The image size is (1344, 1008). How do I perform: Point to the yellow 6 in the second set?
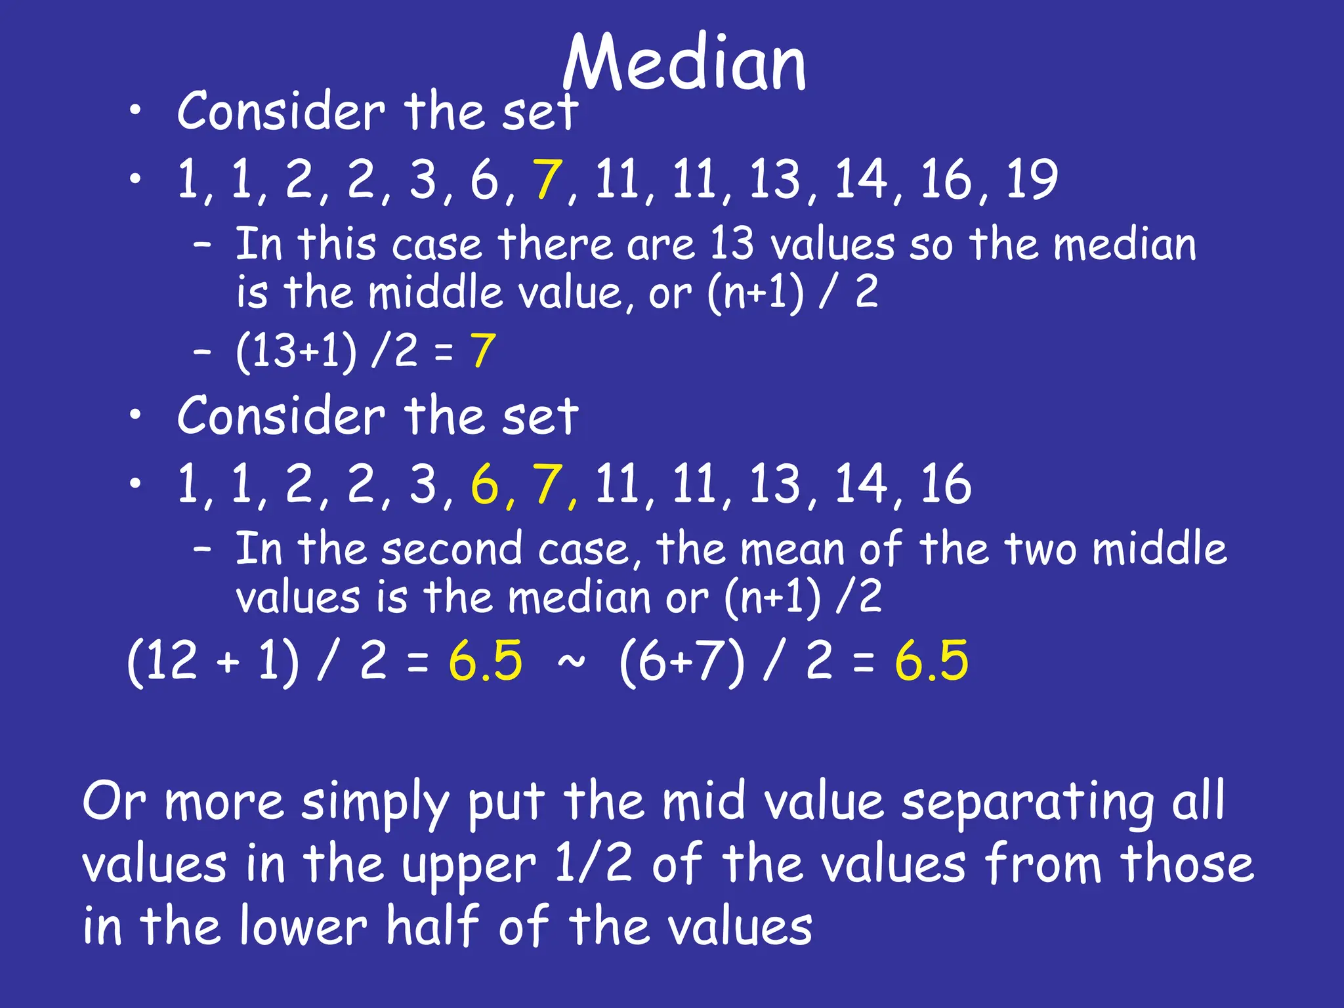(484, 484)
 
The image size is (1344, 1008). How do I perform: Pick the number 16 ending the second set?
(946, 484)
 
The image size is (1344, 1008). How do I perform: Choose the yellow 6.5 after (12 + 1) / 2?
(486, 660)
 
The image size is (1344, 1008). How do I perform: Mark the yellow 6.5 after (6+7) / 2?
(931, 660)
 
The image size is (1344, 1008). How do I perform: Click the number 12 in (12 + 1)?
(171, 660)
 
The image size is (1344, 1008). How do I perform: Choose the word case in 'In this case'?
(436, 245)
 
